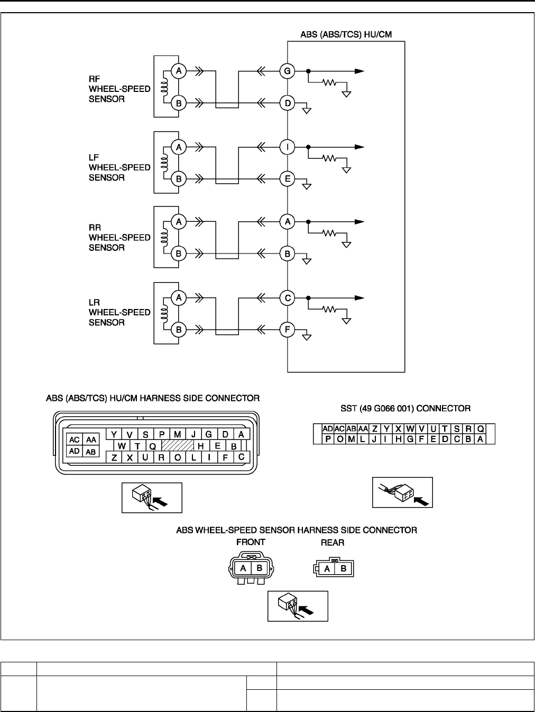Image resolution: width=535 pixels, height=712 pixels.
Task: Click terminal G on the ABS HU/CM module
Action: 288,71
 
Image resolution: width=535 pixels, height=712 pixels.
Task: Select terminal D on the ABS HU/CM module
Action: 288,103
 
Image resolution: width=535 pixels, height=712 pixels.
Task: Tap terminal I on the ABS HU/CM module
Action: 288,147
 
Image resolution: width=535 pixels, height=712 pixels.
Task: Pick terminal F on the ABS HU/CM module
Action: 288,330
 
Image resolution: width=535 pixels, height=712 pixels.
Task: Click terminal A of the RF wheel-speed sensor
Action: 179,71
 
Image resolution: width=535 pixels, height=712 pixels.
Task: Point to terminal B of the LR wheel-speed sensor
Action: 179,330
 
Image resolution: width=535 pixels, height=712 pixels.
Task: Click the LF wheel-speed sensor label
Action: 119,167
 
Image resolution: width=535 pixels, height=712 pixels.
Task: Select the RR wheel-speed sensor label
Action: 119,237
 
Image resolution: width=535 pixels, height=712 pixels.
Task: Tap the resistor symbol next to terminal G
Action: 330,83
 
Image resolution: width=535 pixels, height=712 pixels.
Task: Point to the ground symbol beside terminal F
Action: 306,336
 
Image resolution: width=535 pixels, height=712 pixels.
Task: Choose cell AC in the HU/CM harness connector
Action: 74,440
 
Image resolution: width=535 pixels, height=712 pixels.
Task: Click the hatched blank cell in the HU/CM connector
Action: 177,445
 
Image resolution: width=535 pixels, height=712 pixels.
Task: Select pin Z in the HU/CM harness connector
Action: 114,458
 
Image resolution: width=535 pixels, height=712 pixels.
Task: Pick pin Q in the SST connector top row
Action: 481,429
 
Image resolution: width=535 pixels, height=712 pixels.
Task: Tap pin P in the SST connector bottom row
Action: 328,439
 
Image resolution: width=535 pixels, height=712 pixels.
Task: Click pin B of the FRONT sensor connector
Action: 259,568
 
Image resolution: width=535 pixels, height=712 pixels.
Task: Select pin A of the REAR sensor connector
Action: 327,569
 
